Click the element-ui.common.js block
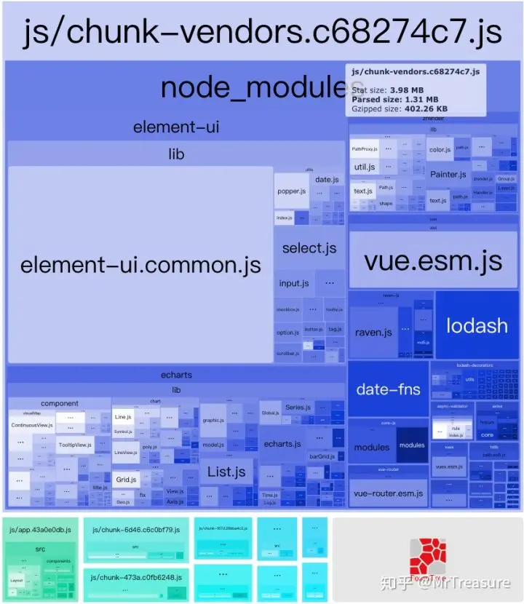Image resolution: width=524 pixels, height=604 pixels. [x=140, y=265]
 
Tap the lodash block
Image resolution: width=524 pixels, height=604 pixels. [x=477, y=325]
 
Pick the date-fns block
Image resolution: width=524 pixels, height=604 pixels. [x=388, y=389]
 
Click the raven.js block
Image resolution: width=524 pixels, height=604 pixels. [x=373, y=332]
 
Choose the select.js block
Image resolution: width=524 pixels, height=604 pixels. [x=309, y=248]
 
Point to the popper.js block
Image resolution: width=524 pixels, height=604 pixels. [x=291, y=192]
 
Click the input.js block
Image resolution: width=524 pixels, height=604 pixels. [x=294, y=283]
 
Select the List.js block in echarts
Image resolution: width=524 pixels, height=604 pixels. [x=226, y=472]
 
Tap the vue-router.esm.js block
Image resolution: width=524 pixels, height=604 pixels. [x=388, y=493]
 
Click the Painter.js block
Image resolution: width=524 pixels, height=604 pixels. [x=448, y=174]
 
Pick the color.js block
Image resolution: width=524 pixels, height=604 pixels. [x=440, y=150]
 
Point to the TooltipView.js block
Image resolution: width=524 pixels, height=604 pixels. [x=75, y=445]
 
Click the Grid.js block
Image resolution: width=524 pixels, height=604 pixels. [x=126, y=480]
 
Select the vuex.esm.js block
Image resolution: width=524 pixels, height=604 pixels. [x=449, y=466]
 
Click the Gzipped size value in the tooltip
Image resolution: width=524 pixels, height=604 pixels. [x=426, y=109]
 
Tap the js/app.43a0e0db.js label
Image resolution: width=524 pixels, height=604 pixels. [x=41, y=530]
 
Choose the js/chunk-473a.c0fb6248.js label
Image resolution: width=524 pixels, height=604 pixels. [x=135, y=577]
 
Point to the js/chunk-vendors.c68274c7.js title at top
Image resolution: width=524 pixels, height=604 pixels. [x=262, y=32]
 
